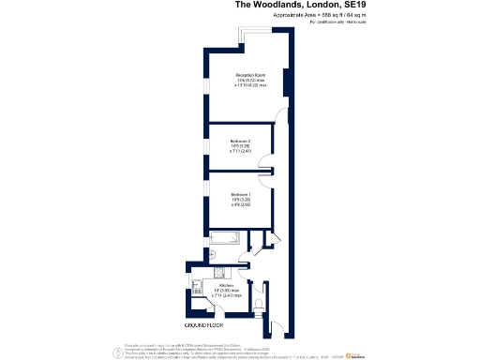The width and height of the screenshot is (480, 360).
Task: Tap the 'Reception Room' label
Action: click(x=247, y=74)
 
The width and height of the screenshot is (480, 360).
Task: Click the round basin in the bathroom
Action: click(x=214, y=253)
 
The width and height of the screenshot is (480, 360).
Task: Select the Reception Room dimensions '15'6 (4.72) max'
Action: click(x=247, y=80)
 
